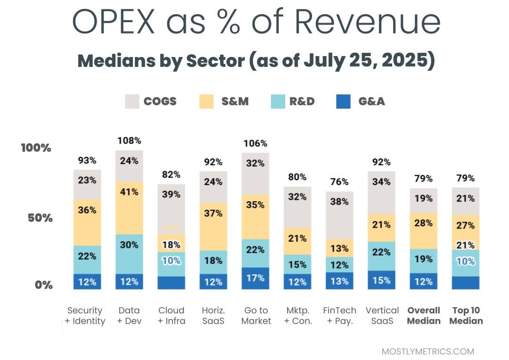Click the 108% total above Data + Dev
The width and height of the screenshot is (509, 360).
pyautogui.click(x=129, y=140)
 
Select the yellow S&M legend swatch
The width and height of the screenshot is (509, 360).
pyautogui.click(x=206, y=101)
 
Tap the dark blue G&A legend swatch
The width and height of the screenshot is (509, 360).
pyautogui.click(x=343, y=101)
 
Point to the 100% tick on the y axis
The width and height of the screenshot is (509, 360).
pyautogui.click(x=36, y=148)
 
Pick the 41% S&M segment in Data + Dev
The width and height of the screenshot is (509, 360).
pyautogui.click(x=129, y=192)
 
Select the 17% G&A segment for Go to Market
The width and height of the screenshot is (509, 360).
pyautogui.click(x=255, y=278)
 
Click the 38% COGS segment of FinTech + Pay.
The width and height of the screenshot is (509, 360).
pyautogui.click(x=339, y=202)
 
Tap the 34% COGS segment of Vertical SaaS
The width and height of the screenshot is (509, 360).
pyautogui.click(x=381, y=182)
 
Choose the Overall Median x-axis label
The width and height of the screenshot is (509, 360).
pyautogui.click(x=424, y=316)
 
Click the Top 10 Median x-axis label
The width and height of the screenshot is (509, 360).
pyautogui.click(x=466, y=316)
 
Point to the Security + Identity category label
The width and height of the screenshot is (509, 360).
pyautogui.click(x=85, y=316)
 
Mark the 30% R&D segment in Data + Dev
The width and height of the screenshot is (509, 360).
pyautogui.click(x=129, y=245)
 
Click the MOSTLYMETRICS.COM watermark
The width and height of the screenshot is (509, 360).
pyautogui.click(x=427, y=352)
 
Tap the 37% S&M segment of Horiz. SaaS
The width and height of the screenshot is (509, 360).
pyautogui.click(x=213, y=213)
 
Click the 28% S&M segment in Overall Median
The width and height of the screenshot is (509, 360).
pyautogui.click(x=424, y=223)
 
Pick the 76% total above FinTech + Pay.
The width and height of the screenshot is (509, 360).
pyautogui.click(x=339, y=182)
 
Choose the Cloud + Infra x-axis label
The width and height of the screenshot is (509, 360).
pyautogui.click(x=171, y=316)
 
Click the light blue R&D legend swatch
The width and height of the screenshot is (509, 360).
pyautogui.click(x=279, y=101)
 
